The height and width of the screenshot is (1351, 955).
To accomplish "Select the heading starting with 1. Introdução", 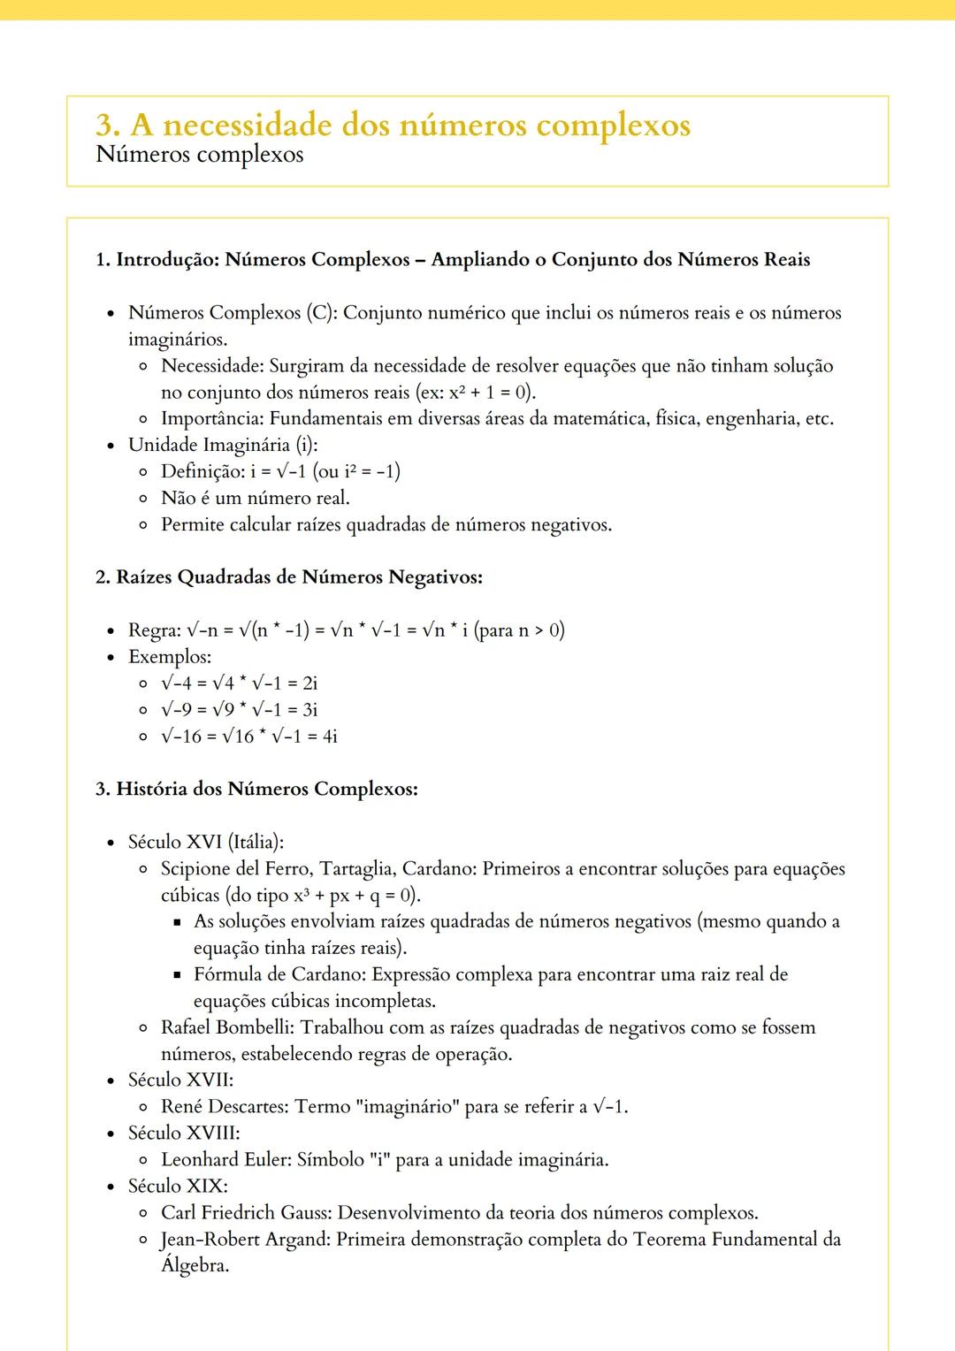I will pos(452,260).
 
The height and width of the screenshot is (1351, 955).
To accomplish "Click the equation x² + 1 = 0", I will pos(489,393).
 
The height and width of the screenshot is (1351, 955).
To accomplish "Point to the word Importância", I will pos(212,419).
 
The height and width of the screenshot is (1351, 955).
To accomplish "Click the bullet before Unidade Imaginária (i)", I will pos(110,446).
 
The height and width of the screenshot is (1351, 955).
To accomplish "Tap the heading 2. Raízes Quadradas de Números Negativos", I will pos(288,577).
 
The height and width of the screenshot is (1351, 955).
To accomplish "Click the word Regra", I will pos(153,630).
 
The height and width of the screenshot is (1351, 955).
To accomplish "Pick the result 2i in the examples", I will pos(309,683).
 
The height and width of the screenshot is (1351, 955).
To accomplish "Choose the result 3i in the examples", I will pos(309,710).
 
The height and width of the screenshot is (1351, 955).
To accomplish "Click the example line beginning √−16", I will pos(248,737).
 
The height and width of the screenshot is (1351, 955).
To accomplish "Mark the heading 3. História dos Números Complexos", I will pos(256,789).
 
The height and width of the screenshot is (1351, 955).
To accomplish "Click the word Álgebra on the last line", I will pos(194,1266).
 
